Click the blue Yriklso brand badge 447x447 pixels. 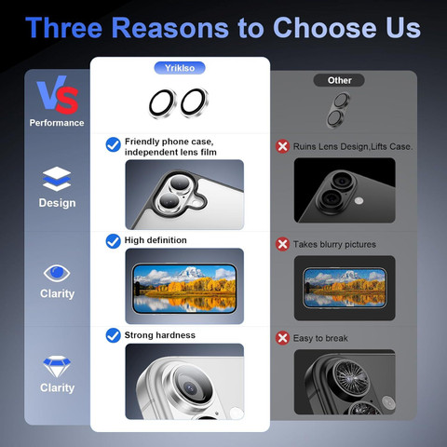180,68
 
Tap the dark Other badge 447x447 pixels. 339,80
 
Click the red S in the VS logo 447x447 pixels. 67,100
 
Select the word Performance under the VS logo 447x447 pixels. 57,123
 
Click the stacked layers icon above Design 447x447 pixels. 57,179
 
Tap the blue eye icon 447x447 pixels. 57,273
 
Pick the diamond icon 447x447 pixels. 57,366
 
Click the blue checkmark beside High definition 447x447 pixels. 114,241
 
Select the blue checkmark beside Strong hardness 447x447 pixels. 114,335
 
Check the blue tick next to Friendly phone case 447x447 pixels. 114,144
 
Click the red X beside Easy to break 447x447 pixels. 282,338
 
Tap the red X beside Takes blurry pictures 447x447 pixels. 282,244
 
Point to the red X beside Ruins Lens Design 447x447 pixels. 282,146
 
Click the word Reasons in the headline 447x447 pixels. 170,28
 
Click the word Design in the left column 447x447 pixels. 57,203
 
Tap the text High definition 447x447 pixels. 156,240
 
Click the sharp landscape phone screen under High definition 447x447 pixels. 184,289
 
